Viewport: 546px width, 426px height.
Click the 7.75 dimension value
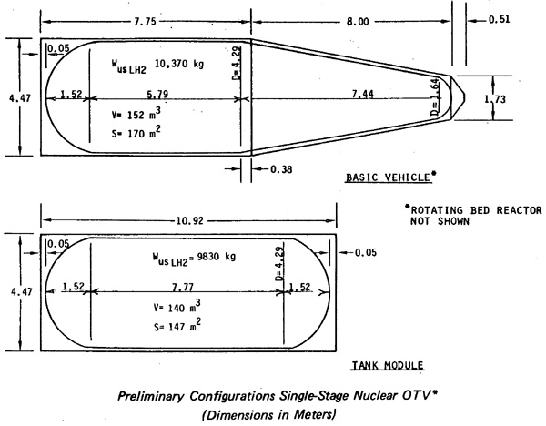tap(146, 22)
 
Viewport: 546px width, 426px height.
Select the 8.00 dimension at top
tap(358, 22)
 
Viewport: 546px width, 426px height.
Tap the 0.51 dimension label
tap(499, 19)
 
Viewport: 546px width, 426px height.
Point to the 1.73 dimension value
tap(495, 99)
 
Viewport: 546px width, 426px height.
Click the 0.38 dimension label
tap(281, 169)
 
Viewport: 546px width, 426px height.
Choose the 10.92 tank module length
tap(190, 221)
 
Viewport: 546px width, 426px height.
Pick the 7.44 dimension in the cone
tap(362, 94)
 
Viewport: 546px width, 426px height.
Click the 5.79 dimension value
tap(157, 94)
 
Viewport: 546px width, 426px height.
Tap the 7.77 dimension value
tap(183, 287)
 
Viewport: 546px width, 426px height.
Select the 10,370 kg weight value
tap(179, 64)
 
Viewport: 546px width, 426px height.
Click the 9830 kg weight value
tap(217, 257)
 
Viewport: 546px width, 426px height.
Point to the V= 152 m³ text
tap(136, 114)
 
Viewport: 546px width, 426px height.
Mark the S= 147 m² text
tap(177, 325)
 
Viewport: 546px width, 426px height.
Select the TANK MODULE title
tap(388, 365)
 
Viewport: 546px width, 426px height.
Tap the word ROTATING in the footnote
tap(437, 210)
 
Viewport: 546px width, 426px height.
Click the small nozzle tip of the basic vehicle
tap(465, 98)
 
